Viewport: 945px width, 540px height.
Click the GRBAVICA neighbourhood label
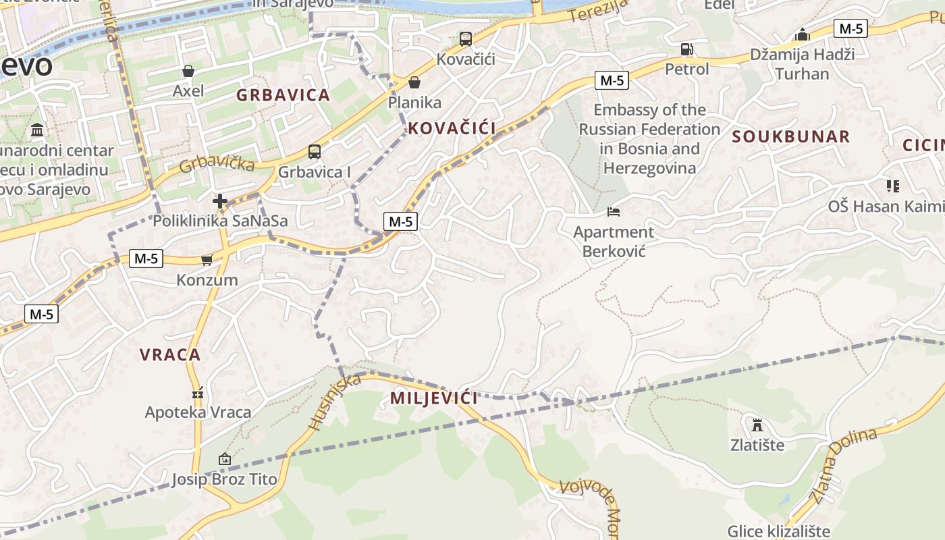pos(283,95)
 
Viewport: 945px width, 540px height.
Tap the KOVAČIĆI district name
pos(452,128)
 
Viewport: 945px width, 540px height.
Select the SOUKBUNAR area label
pos(791,136)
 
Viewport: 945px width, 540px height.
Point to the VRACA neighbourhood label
pos(170,354)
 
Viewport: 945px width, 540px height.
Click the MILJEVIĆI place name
pos(434,398)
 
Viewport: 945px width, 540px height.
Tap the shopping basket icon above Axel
pos(188,71)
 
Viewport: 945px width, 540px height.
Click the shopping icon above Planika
pos(414,83)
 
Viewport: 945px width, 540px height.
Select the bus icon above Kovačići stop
pos(466,39)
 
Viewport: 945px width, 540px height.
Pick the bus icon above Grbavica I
pos(315,152)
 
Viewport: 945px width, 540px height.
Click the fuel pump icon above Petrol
pos(686,49)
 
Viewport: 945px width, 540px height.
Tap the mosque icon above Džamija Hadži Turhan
pos(802,34)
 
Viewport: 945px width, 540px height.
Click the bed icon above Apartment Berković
pos(614,212)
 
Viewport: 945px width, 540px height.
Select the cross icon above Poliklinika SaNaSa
pos(220,201)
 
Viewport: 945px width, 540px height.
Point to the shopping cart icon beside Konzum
pos(207,260)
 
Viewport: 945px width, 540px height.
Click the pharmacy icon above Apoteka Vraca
pos(198,392)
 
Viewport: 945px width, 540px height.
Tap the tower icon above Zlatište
pos(757,425)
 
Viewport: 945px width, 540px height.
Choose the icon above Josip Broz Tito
pos(225,460)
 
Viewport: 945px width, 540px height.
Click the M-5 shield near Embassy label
pos(612,80)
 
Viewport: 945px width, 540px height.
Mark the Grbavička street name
pos(217,163)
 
